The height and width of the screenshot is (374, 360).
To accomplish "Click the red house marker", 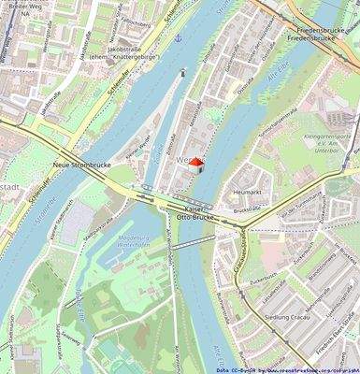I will pyautogui.click(x=196, y=163).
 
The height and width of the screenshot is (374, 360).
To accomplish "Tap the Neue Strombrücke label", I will pyautogui.click(x=79, y=165).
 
